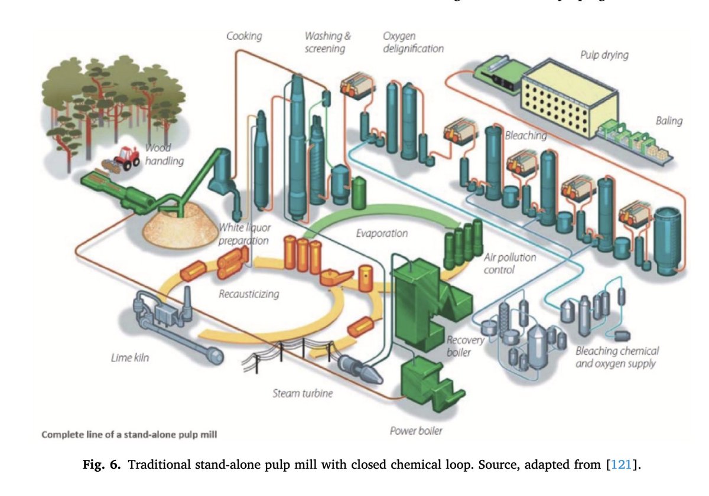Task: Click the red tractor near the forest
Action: [125, 156]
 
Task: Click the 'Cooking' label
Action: [244, 37]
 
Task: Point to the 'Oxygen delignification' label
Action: [413, 43]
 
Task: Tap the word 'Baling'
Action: [668, 121]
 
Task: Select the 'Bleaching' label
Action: [526, 135]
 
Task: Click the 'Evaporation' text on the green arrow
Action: [382, 233]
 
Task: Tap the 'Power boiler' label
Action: [416, 430]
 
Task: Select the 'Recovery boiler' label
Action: [466, 346]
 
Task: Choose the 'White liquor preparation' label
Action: [243, 234]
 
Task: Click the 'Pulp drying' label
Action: [603, 55]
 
